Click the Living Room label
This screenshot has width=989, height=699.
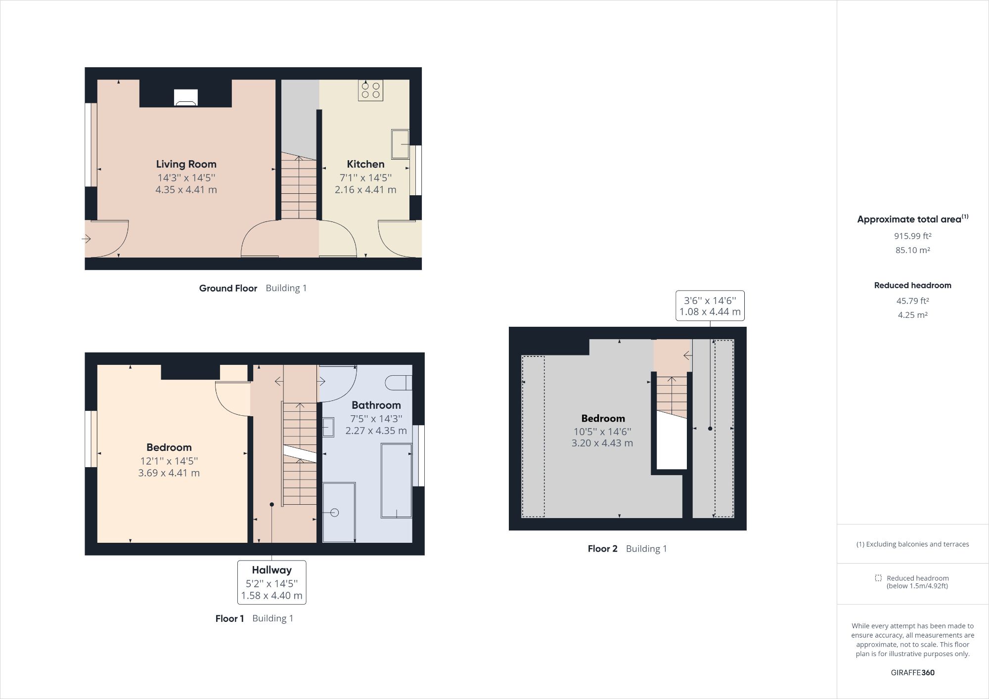coord(186,164)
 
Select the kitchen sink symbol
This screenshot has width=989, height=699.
coord(400,144)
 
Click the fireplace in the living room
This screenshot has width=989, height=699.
coord(186,98)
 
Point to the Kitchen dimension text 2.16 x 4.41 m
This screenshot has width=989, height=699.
coord(365,190)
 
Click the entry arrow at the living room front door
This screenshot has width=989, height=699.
coord(87,239)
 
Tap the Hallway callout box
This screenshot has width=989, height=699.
coord(271,582)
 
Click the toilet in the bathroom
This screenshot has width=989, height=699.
coord(398,382)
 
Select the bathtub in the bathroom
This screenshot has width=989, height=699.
coord(396,481)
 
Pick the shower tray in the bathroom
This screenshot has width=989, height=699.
coord(339,512)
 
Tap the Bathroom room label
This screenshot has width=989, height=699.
coord(376,405)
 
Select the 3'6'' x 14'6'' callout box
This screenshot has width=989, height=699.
coord(710,306)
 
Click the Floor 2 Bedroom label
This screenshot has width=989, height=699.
coord(603,419)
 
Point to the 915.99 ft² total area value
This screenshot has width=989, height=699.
coord(912,236)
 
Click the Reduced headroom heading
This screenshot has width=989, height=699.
coord(912,285)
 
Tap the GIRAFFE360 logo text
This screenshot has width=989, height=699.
coord(912,672)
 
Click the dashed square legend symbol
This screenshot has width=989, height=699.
coord(878,578)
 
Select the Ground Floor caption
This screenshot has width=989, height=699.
coord(228,288)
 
